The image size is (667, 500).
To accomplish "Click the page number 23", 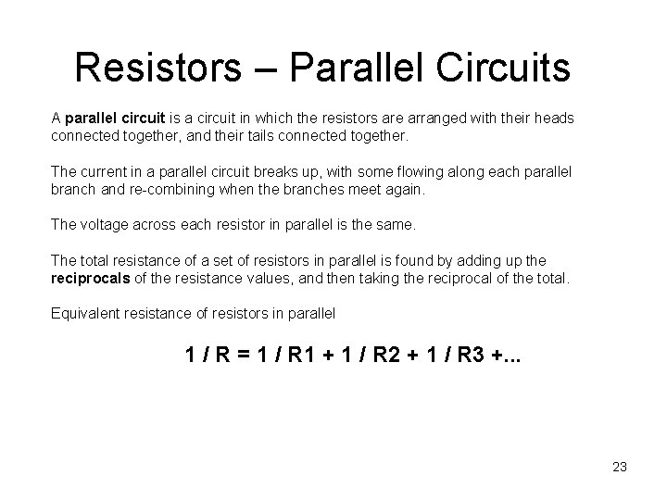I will (620, 468).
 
